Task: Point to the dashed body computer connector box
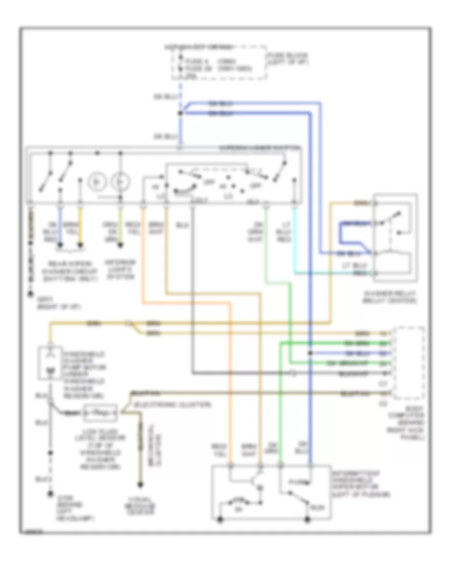(409, 363)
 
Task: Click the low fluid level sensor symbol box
(100, 413)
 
